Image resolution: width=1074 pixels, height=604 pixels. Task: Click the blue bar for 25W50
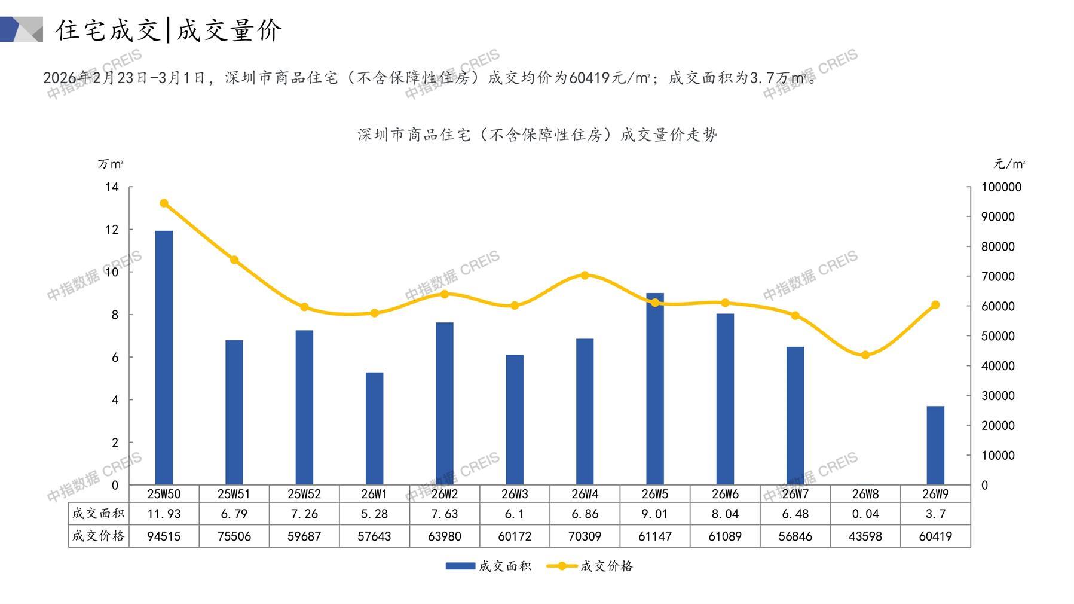click(164, 358)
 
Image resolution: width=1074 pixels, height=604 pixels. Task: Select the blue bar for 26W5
click(655, 389)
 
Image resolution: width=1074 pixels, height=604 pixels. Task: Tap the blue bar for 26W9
click(935, 446)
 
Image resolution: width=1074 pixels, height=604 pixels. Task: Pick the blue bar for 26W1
click(374, 428)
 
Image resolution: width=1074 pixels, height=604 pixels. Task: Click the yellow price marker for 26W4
click(585, 276)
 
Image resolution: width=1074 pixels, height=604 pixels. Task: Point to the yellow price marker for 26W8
click(865, 355)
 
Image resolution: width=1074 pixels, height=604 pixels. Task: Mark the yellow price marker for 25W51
click(234, 260)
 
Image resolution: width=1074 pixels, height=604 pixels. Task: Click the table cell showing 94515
click(164, 536)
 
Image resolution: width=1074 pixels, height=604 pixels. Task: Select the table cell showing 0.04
click(865, 514)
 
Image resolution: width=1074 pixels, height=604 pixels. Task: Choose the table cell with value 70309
click(585, 536)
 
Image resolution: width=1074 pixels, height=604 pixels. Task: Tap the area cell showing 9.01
click(655, 514)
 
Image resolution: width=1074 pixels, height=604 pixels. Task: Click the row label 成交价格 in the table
click(99, 536)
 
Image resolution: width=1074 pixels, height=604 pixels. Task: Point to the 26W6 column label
click(725, 494)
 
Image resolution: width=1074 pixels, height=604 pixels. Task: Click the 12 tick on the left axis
click(112, 230)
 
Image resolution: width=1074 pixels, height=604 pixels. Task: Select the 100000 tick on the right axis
click(1001, 187)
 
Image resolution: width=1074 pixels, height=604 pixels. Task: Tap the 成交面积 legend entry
click(489, 566)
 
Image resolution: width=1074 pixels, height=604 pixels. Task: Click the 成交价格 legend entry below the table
click(590, 566)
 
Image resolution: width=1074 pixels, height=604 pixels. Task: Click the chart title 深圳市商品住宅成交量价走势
click(537, 135)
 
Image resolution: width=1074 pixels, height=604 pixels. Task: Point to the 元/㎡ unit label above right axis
click(1009, 164)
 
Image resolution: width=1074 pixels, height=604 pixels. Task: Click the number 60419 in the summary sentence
click(589, 78)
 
